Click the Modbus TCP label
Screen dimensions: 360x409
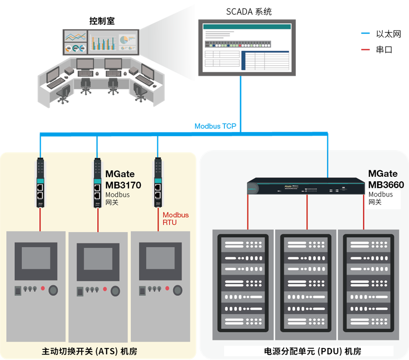[x=215, y=126]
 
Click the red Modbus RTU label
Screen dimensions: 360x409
[x=175, y=219]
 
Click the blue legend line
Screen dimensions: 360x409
[x=365, y=33]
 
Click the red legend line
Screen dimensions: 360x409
[x=365, y=49]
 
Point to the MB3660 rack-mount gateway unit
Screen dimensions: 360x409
[x=305, y=186]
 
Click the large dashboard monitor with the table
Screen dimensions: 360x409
[x=247, y=47]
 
